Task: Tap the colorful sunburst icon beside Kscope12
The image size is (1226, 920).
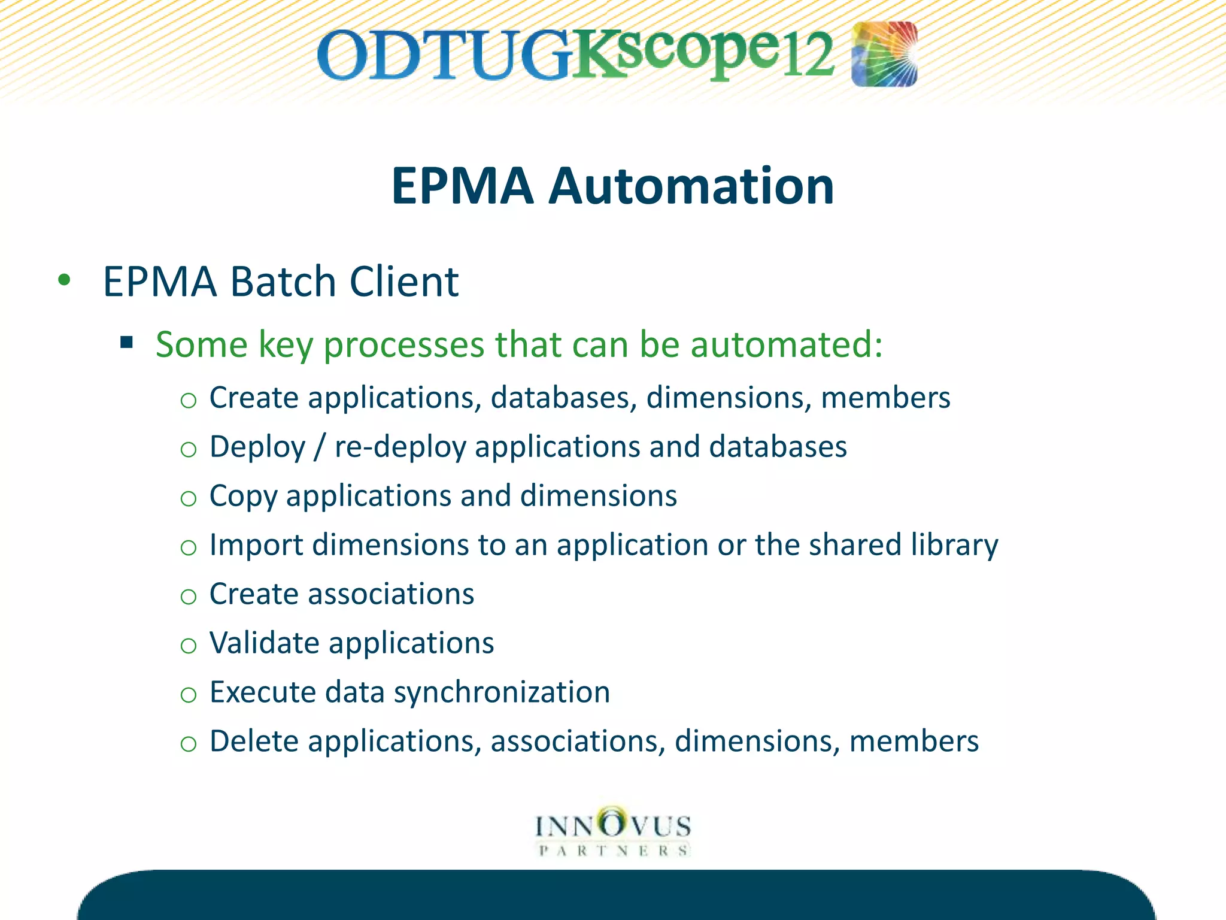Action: point(884,54)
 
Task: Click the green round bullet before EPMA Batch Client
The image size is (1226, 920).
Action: point(65,280)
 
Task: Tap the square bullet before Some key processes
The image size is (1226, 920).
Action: point(126,343)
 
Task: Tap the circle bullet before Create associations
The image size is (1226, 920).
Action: point(189,596)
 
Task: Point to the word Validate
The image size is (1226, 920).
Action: point(264,643)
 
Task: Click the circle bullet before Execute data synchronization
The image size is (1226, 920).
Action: point(189,694)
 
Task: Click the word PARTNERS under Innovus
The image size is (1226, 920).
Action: point(613,851)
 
